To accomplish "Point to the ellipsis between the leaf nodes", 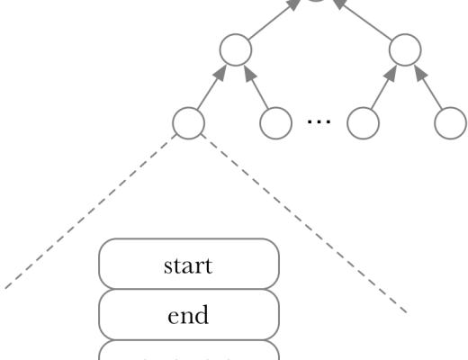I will tap(319, 123).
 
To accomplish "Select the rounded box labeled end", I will tap(188, 316).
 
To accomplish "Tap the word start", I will tap(188, 267).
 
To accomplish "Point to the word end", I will tap(188, 316).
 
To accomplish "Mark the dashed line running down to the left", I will tap(90, 216).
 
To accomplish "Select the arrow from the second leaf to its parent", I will tap(257, 86).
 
